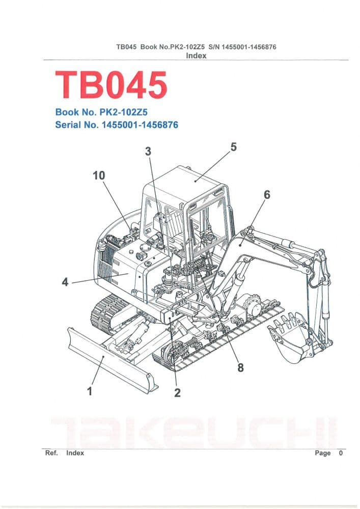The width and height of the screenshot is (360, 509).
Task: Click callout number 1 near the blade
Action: pos(90,391)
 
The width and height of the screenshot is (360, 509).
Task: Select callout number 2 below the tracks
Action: pos(178,392)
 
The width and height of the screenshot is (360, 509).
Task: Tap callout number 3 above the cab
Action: pos(148,151)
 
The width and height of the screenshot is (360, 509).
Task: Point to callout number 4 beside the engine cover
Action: pos(65,281)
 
